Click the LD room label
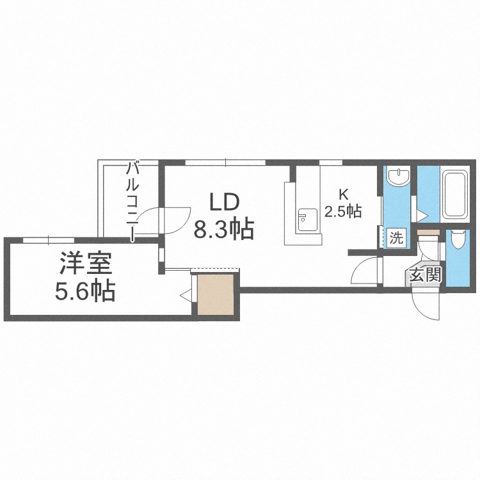223,202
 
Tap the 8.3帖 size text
224,228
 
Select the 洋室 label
86,264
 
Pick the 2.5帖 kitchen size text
343,211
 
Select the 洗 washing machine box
396,238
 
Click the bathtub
454,195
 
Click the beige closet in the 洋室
216,294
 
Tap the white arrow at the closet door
186,295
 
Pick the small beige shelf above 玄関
428,233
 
